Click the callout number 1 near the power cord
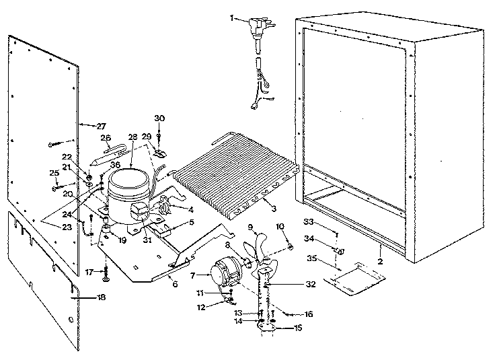tap(233, 19)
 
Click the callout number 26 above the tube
tap(106, 138)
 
